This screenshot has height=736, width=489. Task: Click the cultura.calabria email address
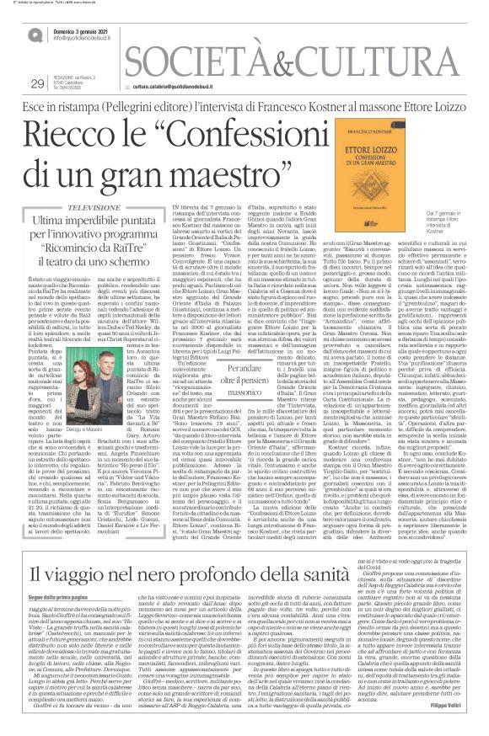coord(174,86)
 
